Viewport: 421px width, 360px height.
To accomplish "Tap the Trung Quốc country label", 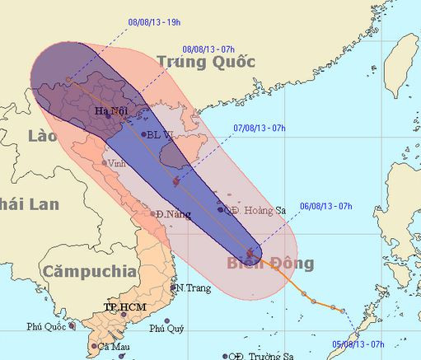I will (x=207, y=62).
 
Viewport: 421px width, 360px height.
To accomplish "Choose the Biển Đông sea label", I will (x=270, y=264).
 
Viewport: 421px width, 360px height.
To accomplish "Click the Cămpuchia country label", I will (x=90, y=270).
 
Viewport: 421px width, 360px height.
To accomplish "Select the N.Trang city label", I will (x=189, y=288).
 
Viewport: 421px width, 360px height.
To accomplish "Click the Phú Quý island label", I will (x=166, y=329).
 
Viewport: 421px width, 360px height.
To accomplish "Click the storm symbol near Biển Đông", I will (x=251, y=252).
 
